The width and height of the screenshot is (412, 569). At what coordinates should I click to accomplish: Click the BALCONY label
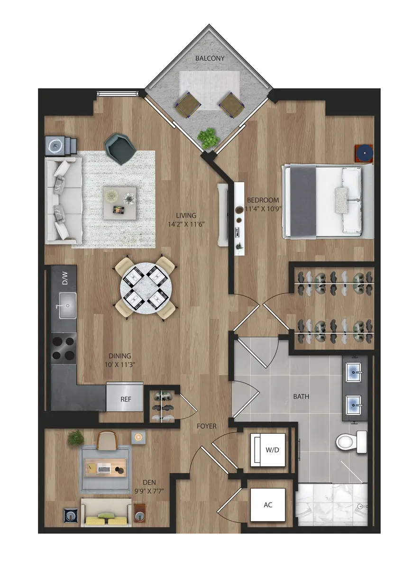(x=209, y=58)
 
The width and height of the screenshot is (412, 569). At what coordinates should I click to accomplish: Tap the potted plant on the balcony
(x=208, y=138)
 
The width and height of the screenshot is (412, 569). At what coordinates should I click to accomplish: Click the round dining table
(x=145, y=288)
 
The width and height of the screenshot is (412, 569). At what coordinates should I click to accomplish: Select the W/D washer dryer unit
(x=268, y=450)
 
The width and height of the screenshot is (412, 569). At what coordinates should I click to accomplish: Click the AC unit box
(x=268, y=505)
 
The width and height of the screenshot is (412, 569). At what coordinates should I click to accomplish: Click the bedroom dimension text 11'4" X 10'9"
(x=262, y=209)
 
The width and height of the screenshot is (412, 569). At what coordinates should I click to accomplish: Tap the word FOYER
(x=207, y=426)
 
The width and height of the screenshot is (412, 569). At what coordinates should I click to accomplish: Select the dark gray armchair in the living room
(x=121, y=148)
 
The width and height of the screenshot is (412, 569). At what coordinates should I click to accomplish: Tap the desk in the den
(x=105, y=467)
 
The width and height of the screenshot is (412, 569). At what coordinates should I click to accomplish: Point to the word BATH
(x=301, y=396)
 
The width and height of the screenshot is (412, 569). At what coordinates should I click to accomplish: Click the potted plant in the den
(x=75, y=438)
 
